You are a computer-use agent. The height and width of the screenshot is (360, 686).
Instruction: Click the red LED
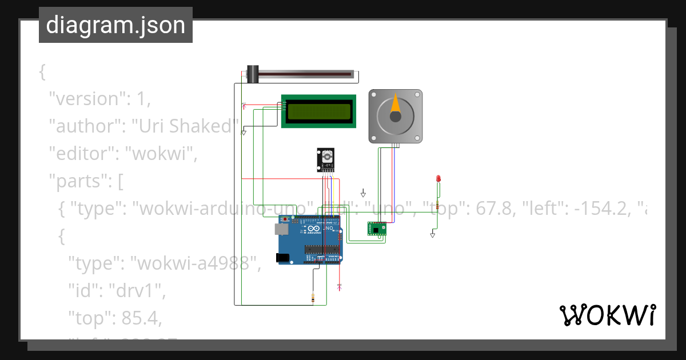[x=438, y=179]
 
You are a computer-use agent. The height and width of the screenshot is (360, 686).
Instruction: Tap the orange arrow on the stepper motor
[x=396, y=103]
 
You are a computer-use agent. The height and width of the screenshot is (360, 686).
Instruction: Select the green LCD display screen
[x=318, y=111]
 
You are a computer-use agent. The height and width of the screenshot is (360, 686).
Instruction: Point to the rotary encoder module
[x=326, y=159]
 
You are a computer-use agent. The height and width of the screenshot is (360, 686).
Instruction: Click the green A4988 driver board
[x=376, y=229]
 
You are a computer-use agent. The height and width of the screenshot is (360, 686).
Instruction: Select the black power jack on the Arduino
[x=282, y=258]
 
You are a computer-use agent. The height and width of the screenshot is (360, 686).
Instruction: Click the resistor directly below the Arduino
[x=312, y=298]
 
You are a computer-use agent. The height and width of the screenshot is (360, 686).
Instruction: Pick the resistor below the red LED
[x=437, y=206]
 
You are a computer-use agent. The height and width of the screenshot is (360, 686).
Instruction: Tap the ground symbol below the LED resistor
[x=433, y=234]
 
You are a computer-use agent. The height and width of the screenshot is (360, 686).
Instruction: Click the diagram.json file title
[x=115, y=25]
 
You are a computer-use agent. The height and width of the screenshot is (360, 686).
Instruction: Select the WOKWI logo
[x=607, y=315]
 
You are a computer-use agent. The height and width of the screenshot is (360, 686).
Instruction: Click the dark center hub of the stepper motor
[x=396, y=117]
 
